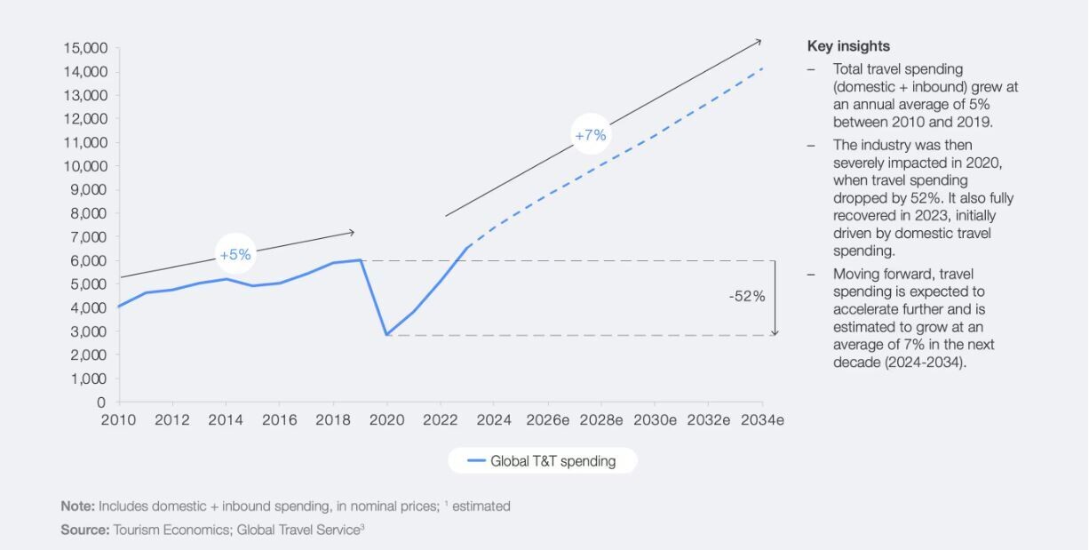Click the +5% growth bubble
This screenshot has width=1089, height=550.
[x=235, y=254]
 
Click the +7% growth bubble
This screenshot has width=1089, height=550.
[x=590, y=135]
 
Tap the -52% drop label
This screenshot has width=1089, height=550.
[x=747, y=297]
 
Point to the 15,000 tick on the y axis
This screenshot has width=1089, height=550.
[x=85, y=48]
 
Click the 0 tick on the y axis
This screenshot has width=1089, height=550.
[x=101, y=403]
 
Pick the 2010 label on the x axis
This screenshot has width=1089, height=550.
[x=120, y=420]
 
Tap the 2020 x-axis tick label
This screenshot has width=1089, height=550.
[x=387, y=420]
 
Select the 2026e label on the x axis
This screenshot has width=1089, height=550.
[x=547, y=420]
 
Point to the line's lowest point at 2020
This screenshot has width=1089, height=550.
[x=386, y=335]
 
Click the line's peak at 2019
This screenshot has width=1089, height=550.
[x=361, y=259]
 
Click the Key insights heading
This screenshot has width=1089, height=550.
[x=848, y=46]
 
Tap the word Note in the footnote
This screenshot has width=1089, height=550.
[x=77, y=506]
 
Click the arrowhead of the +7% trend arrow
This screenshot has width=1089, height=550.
[x=759, y=40]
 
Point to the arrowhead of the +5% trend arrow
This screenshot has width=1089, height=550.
[x=352, y=233]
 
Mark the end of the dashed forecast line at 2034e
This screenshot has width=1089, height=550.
[x=762, y=68]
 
